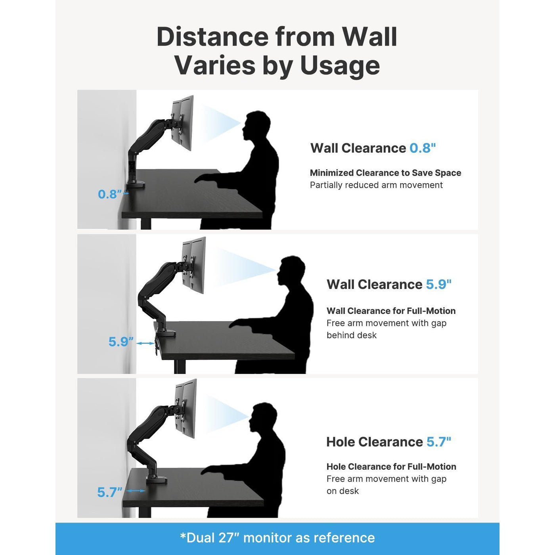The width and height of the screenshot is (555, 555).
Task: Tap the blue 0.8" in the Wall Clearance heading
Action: coord(423,148)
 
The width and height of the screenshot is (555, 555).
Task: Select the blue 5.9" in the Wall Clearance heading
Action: coord(438,284)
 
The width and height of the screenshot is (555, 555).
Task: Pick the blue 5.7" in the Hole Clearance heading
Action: coord(438,442)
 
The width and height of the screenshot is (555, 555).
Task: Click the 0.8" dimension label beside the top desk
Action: coord(110,194)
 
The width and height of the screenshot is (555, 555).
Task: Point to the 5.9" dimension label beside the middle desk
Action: coord(121,342)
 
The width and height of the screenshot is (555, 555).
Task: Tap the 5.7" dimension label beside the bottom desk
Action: coord(110,492)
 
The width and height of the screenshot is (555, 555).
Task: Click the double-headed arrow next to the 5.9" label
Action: coord(145,343)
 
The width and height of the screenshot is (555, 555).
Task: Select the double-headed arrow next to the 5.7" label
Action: coord(136,490)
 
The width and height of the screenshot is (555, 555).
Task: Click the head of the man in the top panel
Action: coord(258,126)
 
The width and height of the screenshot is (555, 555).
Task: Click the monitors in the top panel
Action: coord(182,122)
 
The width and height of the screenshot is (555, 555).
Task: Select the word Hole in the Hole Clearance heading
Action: coord(340,442)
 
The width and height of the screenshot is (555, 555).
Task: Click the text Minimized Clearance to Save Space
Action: coord(385,173)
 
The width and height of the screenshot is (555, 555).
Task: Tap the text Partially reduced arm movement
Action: coord(376,185)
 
